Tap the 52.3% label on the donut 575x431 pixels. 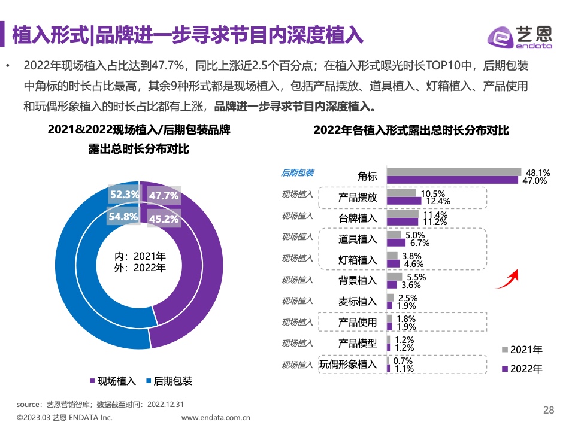click(125, 195)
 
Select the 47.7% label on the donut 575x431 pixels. click(164, 196)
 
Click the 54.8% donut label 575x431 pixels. click(123, 217)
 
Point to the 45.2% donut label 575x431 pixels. click(164, 218)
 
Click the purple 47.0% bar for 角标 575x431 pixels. click(453, 180)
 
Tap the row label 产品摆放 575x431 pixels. click(358, 198)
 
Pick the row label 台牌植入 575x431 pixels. click(358, 218)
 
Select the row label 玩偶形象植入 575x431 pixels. click(348, 365)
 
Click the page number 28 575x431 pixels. click(549, 410)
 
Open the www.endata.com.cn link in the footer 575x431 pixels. click(216, 418)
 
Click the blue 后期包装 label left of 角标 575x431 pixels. click(297, 172)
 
